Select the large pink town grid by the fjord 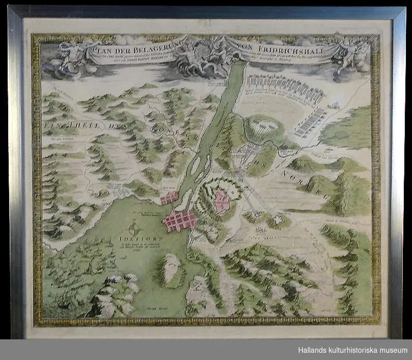180,220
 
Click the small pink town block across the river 169,198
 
